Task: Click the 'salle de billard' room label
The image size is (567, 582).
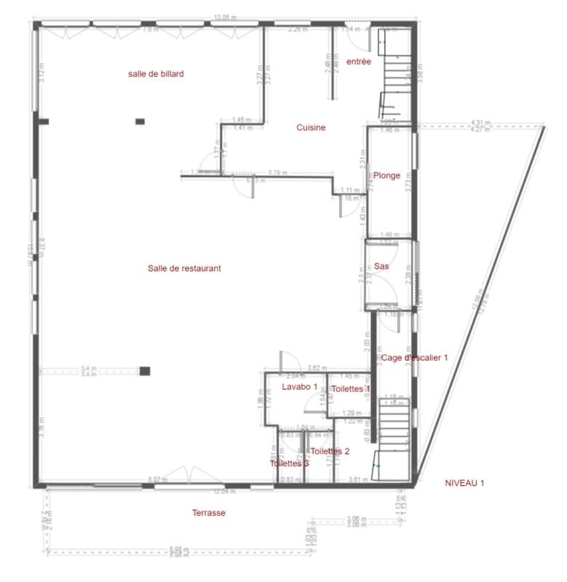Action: [x=155, y=73]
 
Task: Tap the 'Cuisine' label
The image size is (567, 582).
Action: [x=311, y=127]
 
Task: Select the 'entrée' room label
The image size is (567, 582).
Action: [x=359, y=62]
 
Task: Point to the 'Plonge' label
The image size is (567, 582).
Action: [x=386, y=175]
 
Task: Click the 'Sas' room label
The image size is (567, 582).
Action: [x=381, y=266]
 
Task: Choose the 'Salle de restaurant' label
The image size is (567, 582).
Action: [x=184, y=268]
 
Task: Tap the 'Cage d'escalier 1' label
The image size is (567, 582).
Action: [x=415, y=357]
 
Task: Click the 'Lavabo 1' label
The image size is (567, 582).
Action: [x=300, y=386]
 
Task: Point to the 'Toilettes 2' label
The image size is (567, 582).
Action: [x=330, y=451]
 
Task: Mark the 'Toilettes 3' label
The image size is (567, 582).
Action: [x=289, y=463]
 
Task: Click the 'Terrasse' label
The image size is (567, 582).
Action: [x=209, y=513]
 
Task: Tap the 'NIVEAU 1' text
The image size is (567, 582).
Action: [x=464, y=482]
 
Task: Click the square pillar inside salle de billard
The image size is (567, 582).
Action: [x=140, y=121]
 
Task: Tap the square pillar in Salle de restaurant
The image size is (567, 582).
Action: [x=145, y=371]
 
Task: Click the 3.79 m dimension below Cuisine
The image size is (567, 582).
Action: [x=275, y=172]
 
